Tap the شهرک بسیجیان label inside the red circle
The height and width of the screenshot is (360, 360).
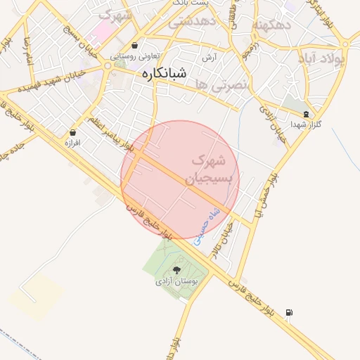click(x=207, y=170)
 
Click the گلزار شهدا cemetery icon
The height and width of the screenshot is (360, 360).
click(x=306, y=113)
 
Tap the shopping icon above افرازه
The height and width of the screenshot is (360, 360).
click(x=73, y=131)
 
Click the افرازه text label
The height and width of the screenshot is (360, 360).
click(x=73, y=142)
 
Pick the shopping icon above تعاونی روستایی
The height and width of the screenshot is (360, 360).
click(x=134, y=46)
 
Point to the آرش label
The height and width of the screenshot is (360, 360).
click(x=208, y=57)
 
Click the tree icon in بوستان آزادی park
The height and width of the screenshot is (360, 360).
click(x=176, y=270)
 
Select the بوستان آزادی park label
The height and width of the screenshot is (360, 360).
click(x=177, y=281)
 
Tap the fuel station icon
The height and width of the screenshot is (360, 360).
click(x=289, y=313)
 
